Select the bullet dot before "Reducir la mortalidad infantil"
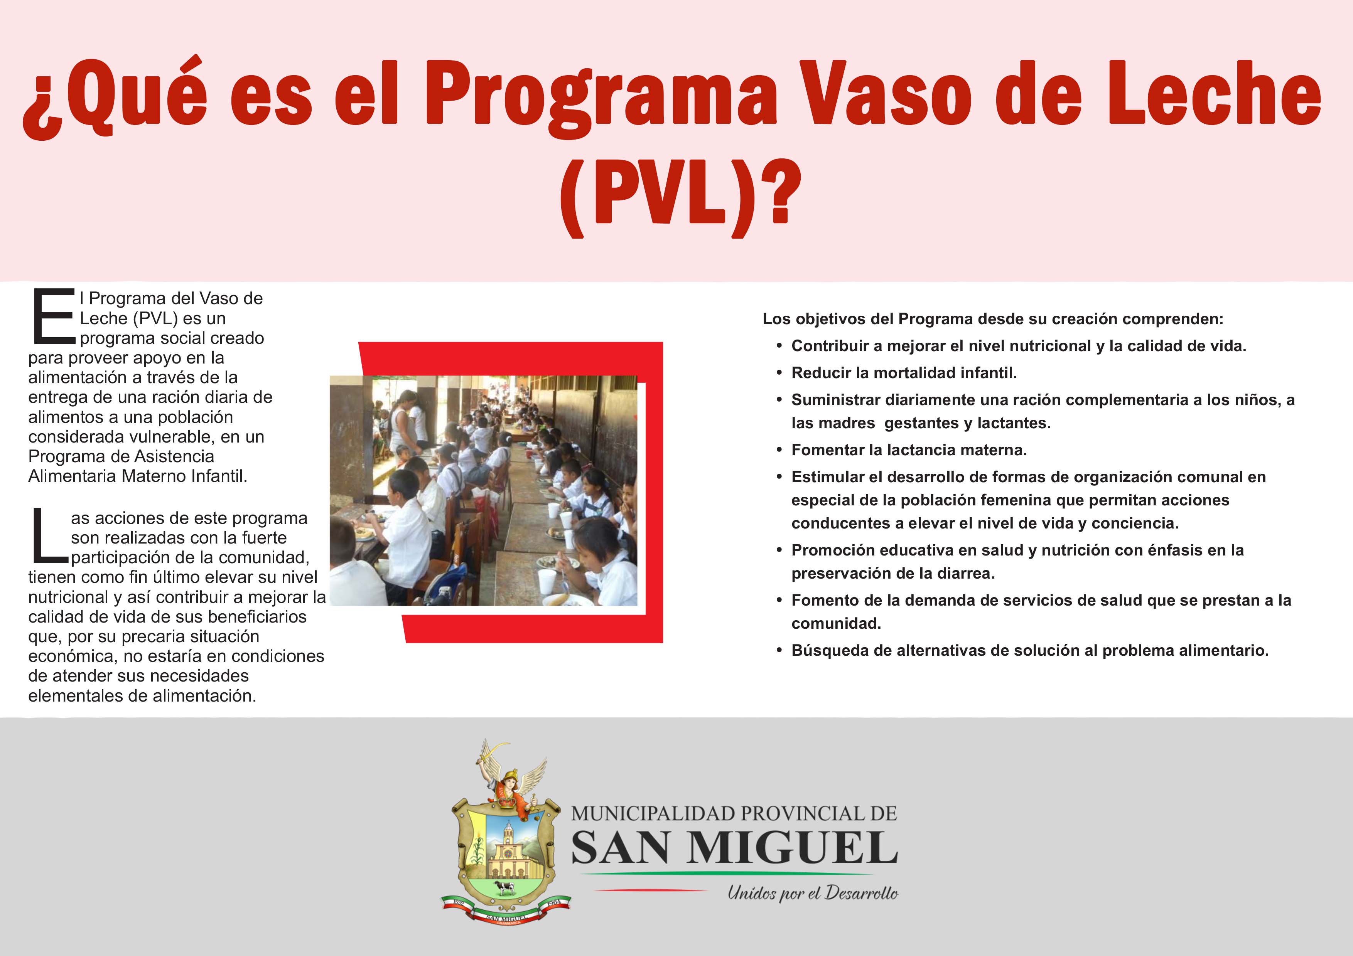[x=779, y=373]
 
